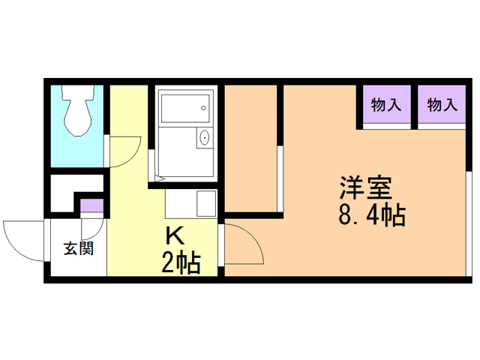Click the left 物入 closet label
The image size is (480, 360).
[x=385, y=105]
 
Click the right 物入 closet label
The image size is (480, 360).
[x=442, y=105]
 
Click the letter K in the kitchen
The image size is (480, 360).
[x=174, y=235]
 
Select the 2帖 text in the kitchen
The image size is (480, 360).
[x=180, y=262]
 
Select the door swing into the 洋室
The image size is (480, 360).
[x=243, y=244]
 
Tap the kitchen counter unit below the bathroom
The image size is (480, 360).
[x=190, y=204]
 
